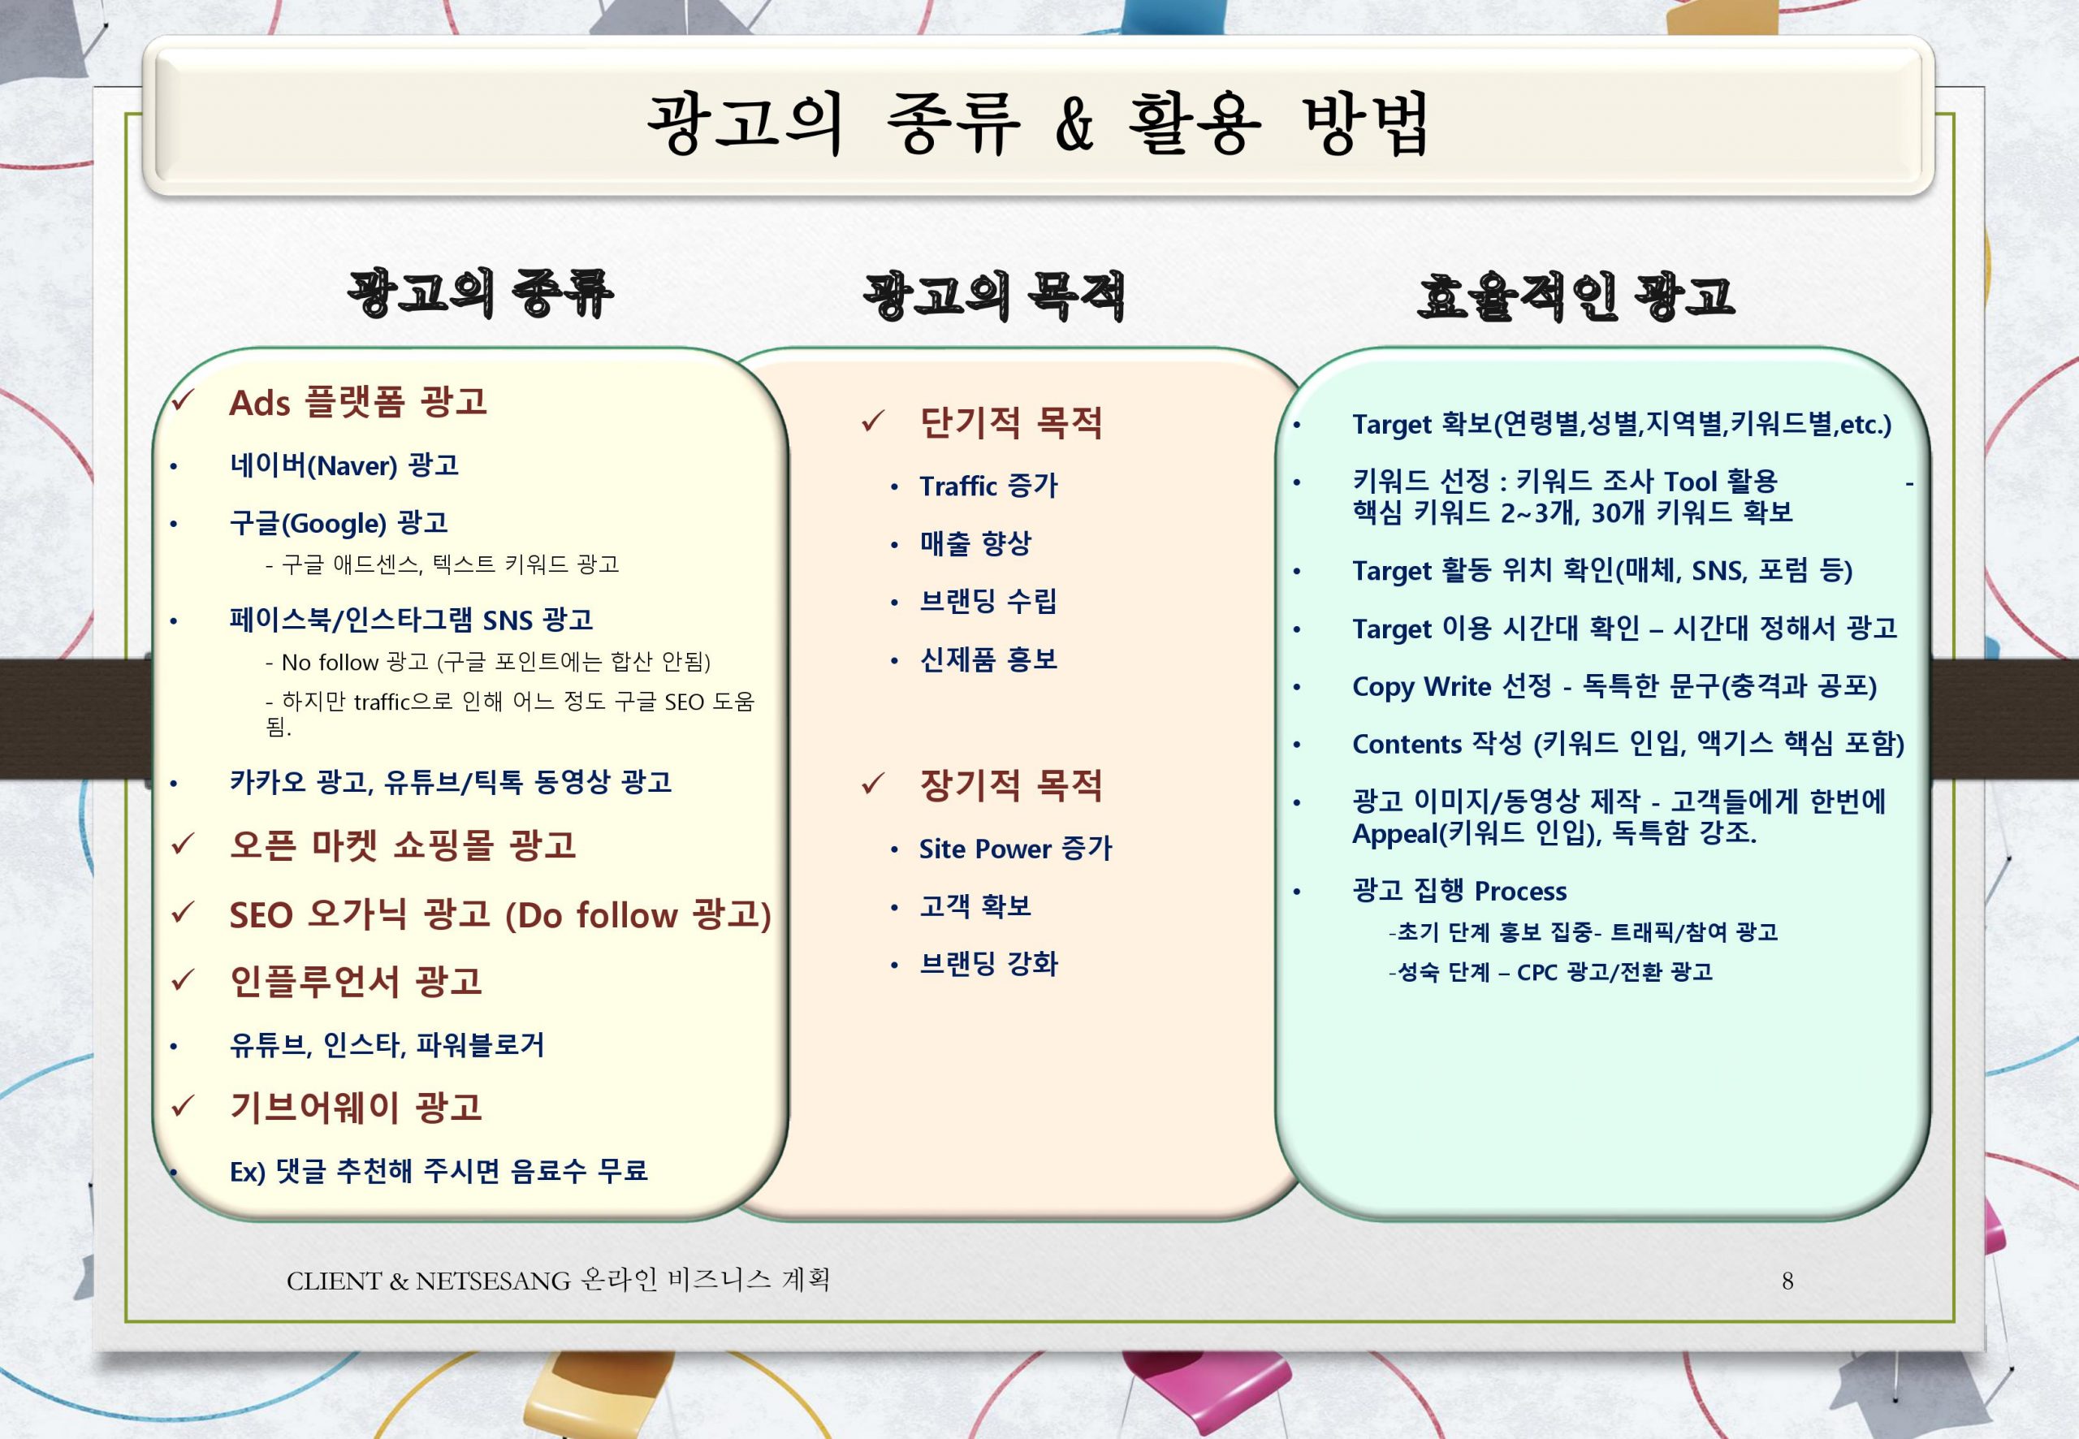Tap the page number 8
click(x=1787, y=1281)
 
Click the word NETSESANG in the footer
click(x=493, y=1281)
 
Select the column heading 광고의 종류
click(x=481, y=293)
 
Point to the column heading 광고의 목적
click(x=994, y=296)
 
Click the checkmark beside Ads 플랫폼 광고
click(x=183, y=400)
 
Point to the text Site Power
click(x=984, y=849)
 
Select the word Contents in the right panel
click(x=1407, y=744)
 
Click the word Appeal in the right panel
click(x=1394, y=834)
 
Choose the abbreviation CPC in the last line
click(x=1538, y=972)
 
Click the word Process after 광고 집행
click(x=1520, y=892)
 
